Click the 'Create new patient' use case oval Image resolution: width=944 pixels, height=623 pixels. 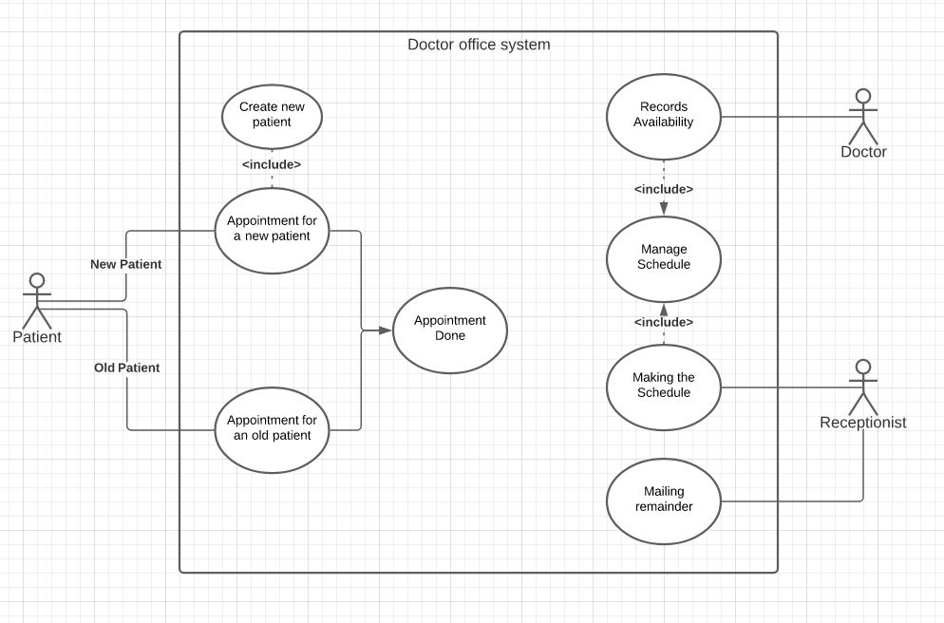[x=272, y=115]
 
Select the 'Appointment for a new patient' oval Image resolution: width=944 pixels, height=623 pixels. [x=272, y=229]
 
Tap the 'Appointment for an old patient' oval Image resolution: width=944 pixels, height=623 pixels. [x=272, y=428]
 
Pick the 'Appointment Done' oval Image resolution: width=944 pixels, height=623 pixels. [x=449, y=329]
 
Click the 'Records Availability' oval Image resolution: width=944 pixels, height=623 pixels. [x=664, y=115]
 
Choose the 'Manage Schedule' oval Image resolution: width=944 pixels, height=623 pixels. [x=664, y=257]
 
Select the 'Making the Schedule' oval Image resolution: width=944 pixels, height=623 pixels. [x=664, y=386]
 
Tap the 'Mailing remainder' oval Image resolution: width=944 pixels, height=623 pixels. [x=664, y=500]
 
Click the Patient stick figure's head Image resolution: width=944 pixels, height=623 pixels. [x=37, y=281]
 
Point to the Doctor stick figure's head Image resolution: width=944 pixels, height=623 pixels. [x=863, y=96]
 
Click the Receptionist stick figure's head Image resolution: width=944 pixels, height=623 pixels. [x=863, y=366]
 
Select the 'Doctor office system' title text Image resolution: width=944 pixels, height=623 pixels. [x=479, y=45]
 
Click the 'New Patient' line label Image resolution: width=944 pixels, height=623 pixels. [x=125, y=264]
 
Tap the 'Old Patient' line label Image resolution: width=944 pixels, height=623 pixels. [x=126, y=368]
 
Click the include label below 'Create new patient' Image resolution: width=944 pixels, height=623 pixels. [x=272, y=164]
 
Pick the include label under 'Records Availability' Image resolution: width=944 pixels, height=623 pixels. [x=664, y=189]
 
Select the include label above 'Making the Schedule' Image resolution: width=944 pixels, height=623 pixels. [x=664, y=322]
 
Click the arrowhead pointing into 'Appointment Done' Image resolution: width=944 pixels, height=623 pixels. [x=385, y=330]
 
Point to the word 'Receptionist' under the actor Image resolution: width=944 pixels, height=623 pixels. [x=863, y=423]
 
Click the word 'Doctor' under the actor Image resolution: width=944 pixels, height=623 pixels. [x=863, y=152]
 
